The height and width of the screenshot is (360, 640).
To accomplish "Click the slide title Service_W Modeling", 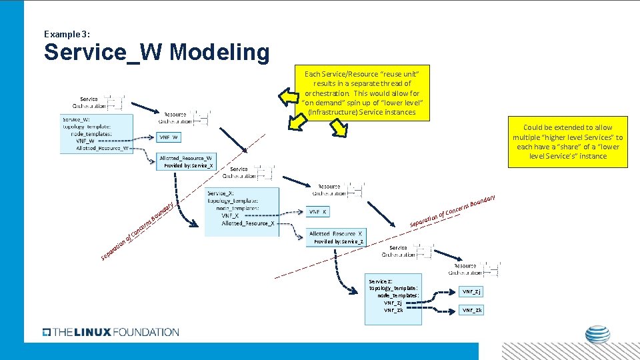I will pos(157,52).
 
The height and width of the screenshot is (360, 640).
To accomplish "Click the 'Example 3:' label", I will pos(67,33).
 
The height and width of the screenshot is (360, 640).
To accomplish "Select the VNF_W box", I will pos(169,137).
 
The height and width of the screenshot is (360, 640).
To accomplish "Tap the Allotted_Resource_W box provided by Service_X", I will pos(186,161).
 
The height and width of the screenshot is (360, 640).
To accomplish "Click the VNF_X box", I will pos(318,211).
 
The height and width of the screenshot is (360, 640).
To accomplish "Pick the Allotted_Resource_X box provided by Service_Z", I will pos(335,237).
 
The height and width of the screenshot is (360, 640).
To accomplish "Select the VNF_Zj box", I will pos(472,291).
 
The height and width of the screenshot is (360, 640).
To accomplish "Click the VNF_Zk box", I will pos(472,310).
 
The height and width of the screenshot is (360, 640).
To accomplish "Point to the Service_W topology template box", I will pos(96,134).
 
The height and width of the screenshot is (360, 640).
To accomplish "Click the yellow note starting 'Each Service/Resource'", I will pos(363,93).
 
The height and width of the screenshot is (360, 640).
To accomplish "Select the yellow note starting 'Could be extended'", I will pos(567,142).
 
